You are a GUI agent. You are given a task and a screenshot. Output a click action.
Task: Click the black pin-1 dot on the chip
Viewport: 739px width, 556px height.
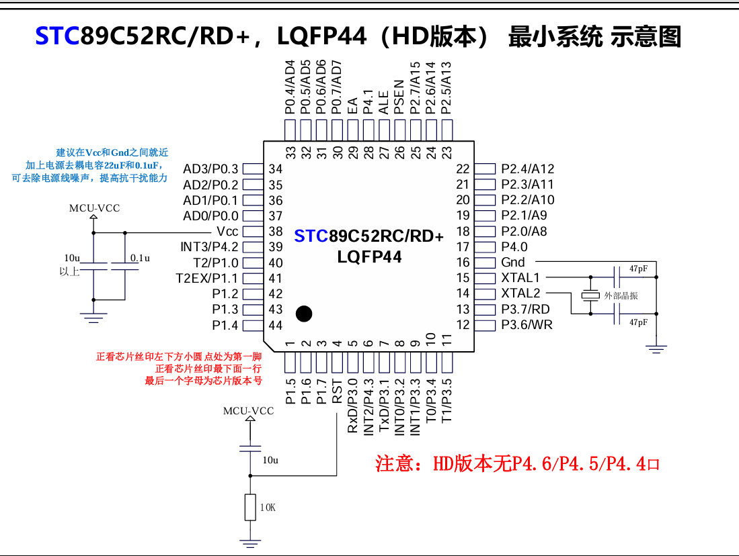point(304,313)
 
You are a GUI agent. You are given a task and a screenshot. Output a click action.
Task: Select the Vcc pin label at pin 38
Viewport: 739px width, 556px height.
point(227,232)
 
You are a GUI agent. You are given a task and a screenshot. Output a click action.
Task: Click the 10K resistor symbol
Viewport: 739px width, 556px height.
point(251,507)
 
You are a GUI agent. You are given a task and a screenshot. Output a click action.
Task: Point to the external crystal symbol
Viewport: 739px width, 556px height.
point(590,295)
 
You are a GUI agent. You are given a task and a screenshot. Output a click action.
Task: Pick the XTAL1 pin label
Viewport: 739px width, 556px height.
point(520,278)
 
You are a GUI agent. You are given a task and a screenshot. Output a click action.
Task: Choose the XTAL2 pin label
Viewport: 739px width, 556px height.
point(520,293)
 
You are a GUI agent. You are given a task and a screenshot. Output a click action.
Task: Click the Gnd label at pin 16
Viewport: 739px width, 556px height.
point(513,263)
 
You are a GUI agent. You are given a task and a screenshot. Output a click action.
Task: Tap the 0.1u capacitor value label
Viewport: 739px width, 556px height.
point(140,258)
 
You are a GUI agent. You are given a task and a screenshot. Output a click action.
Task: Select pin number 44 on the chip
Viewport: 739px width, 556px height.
point(276,326)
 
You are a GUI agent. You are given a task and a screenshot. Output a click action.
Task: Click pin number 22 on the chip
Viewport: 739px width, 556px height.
point(463,169)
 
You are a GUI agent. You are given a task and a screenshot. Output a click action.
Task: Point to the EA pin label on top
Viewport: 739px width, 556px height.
point(352,105)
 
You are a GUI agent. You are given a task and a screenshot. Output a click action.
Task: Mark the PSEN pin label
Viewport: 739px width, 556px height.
point(399,97)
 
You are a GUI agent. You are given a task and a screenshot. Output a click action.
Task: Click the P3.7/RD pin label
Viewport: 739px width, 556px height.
point(525,310)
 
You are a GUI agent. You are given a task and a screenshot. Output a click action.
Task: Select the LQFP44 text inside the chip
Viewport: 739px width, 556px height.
point(369,257)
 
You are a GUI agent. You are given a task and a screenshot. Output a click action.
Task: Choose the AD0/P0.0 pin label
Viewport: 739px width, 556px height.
point(210,216)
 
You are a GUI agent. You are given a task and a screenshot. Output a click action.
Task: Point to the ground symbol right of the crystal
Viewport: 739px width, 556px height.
point(656,348)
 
